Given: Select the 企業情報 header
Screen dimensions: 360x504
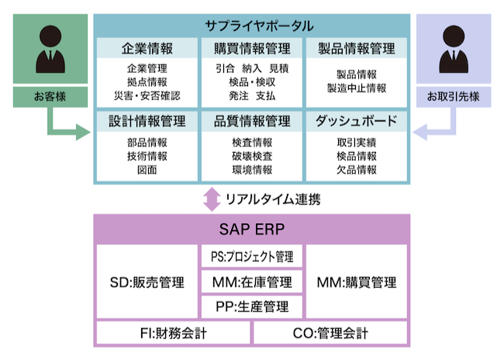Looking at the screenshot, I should (147, 48).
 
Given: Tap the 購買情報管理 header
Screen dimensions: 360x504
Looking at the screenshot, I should (252, 48).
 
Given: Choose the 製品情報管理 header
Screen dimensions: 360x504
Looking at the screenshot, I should (357, 48).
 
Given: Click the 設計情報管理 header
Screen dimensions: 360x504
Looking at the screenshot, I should (147, 121).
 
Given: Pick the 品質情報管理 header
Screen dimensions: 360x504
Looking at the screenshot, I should (252, 121).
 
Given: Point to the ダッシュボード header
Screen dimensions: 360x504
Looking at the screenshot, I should (357, 121).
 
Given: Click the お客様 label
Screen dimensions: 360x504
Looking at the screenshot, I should (51, 97).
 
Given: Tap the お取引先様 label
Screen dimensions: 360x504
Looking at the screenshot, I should (453, 97).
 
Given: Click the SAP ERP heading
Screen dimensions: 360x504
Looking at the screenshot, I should (252, 230).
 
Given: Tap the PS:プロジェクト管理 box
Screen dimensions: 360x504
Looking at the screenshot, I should (252, 256).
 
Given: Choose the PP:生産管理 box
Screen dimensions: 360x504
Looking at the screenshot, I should (252, 306).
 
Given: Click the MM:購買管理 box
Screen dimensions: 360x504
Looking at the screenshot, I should (357, 282).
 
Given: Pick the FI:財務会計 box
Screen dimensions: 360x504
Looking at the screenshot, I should (172, 334).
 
